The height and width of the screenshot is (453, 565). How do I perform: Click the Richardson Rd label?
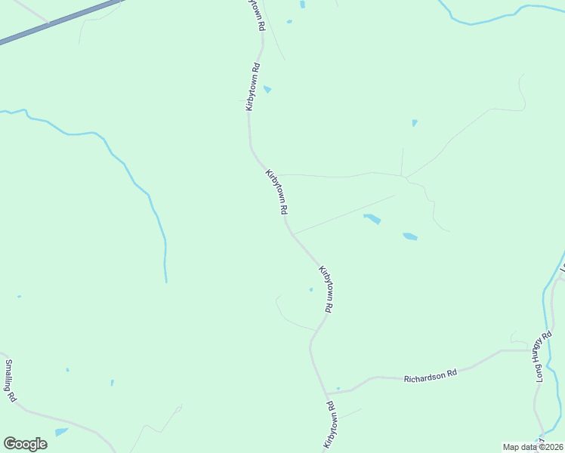(x=431, y=374)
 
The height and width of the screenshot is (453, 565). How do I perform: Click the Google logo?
(x=25, y=444)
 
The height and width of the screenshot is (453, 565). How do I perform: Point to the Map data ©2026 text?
(x=533, y=447)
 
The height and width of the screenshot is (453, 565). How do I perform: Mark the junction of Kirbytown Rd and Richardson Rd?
(x=327, y=393)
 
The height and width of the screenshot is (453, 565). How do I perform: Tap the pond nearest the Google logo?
(x=61, y=432)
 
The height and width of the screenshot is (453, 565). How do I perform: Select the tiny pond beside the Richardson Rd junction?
(x=338, y=389)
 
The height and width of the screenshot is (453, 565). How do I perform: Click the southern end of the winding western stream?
(x=165, y=279)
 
